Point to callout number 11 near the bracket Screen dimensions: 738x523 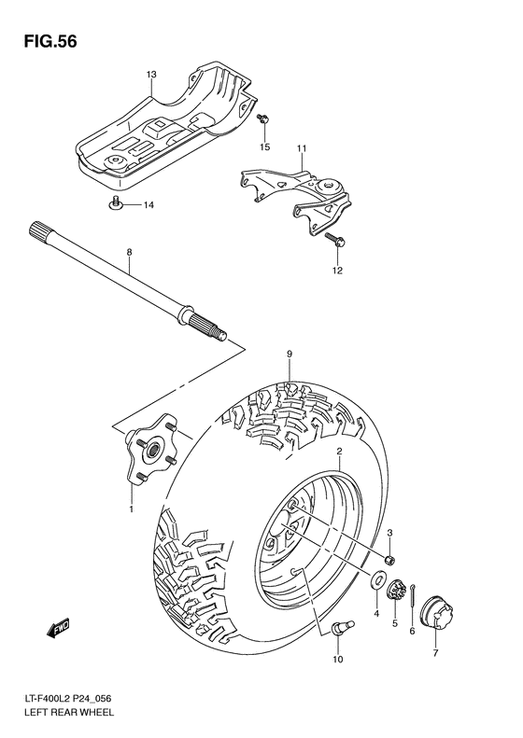click(x=302, y=149)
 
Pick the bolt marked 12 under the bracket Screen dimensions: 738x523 click(x=335, y=241)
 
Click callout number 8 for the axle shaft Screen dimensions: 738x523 click(x=130, y=252)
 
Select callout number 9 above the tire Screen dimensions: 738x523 click(x=290, y=354)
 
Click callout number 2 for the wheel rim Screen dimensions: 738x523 click(x=339, y=451)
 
